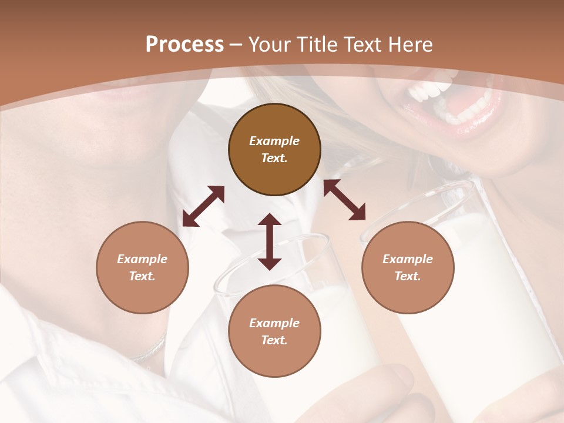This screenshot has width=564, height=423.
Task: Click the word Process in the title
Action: point(184,45)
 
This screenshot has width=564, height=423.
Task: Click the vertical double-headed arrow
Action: point(270,241)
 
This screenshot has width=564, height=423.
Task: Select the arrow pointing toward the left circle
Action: point(203,206)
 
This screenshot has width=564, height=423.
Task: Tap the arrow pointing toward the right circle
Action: point(344,200)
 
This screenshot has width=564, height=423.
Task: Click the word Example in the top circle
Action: point(274,141)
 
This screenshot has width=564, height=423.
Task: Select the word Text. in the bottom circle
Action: point(274,340)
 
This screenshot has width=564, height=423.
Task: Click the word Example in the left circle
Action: point(142,259)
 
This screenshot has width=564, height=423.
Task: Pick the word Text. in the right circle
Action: point(408,276)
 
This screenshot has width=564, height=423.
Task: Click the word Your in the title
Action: point(268,45)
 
